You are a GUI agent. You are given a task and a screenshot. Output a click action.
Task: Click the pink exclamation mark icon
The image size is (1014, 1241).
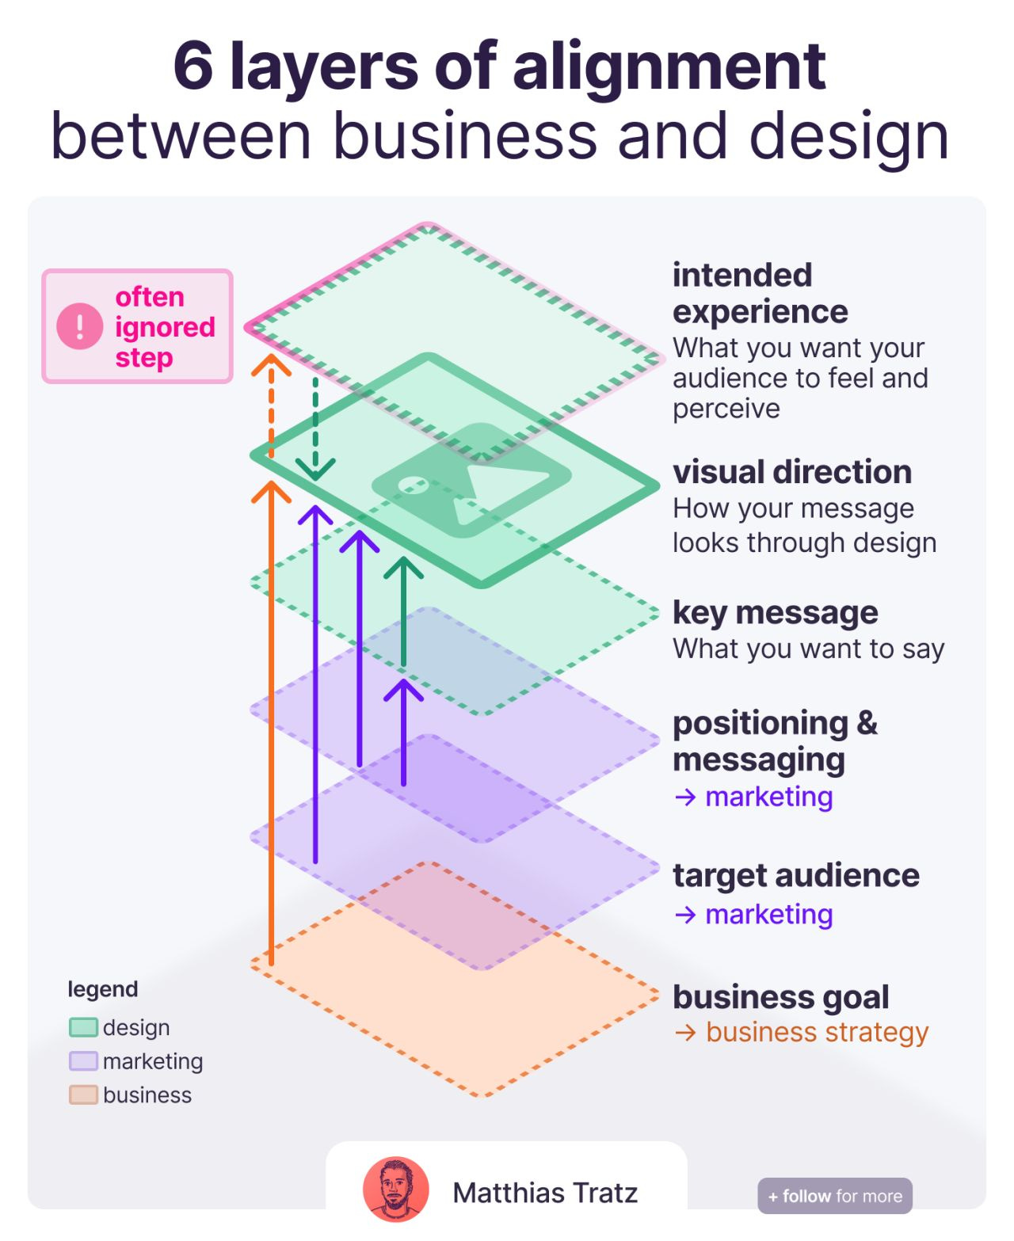79,326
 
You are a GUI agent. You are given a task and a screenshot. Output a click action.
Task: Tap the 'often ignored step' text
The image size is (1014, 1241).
165,327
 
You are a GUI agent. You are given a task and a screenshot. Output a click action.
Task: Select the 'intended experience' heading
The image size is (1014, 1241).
760,293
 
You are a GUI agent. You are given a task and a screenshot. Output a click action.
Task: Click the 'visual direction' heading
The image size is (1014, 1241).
792,472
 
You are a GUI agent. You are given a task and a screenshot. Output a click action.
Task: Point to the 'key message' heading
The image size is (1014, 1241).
775,612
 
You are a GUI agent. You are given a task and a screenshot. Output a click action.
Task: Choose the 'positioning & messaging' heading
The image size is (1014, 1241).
775,740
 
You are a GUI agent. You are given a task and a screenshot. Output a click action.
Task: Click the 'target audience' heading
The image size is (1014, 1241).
796,875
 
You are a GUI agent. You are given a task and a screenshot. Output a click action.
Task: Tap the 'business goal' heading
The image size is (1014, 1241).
780,997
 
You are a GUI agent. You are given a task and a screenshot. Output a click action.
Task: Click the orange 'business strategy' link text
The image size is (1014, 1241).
817,1032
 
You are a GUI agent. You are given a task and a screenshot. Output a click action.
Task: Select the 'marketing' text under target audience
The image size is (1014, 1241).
768,914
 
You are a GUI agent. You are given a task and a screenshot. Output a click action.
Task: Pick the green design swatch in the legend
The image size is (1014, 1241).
83,1027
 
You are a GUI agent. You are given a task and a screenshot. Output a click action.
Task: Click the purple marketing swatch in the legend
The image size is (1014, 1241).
83,1061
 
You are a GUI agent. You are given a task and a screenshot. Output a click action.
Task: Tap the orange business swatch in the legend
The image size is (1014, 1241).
83,1095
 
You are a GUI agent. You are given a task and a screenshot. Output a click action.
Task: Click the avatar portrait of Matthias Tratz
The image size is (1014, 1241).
396,1190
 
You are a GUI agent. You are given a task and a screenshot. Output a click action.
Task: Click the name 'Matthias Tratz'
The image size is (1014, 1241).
545,1193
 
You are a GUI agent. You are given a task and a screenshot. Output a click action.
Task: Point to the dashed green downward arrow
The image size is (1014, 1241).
315,428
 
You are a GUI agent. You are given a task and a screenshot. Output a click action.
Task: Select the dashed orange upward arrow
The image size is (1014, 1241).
271,404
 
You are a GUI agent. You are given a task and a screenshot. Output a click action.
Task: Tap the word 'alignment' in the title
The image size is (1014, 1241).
669,67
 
